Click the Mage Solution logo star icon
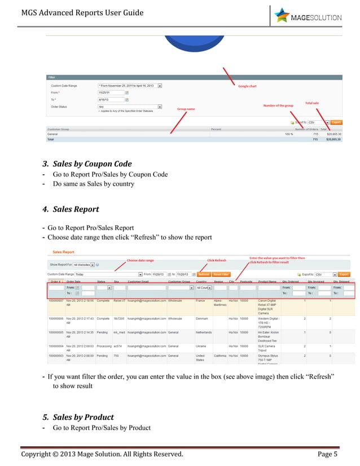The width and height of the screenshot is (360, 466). click(x=282, y=15)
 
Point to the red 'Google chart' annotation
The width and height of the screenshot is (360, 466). click(x=247, y=86)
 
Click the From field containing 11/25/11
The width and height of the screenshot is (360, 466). click(x=110, y=93)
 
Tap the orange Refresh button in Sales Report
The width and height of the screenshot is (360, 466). click(x=203, y=274)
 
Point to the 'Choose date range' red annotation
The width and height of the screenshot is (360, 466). click(x=140, y=260)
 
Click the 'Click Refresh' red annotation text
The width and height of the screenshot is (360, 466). click(x=217, y=260)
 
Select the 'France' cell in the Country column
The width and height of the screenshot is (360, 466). click(x=200, y=301)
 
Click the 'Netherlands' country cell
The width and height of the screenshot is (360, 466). click(x=203, y=332)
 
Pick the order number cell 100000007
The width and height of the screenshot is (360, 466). click(x=56, y=301)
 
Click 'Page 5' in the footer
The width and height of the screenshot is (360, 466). click(x=327, y=454)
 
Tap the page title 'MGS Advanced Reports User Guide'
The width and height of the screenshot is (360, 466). click(x=82, y=12)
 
